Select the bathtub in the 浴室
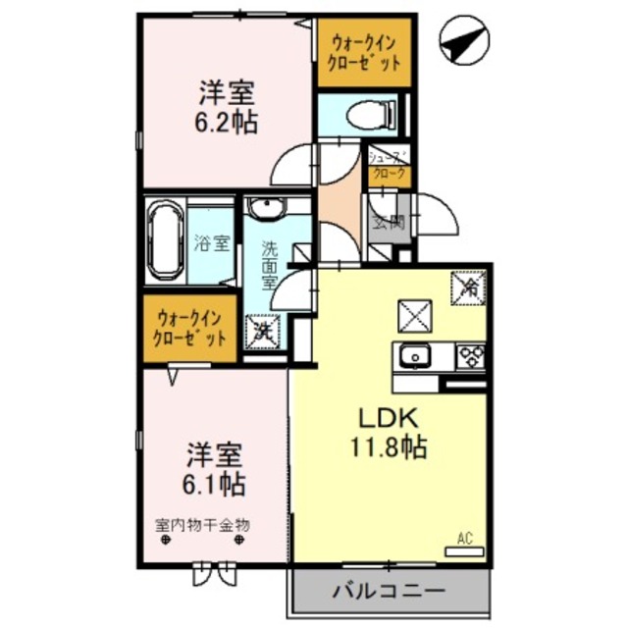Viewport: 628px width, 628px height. click(163, 240)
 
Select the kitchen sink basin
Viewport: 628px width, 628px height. click(414, 354)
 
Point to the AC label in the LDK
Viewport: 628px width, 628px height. click(465, 538)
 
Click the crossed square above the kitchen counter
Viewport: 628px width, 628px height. click(410, 315)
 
